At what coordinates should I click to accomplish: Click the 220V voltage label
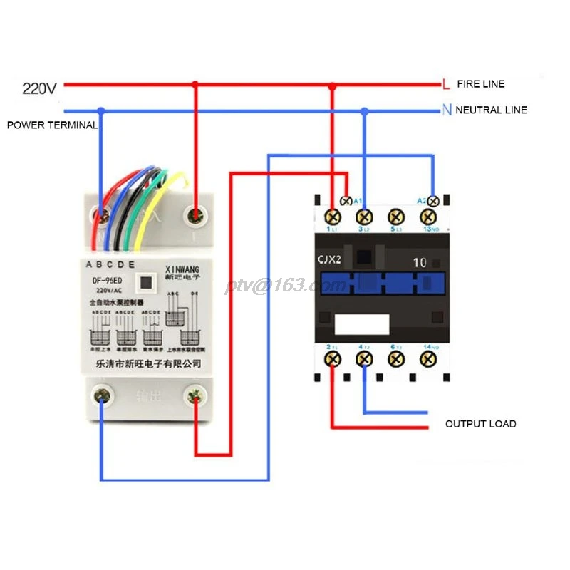(39, 89)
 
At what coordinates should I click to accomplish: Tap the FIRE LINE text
(480, 84)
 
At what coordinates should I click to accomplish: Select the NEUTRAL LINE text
(491, 110)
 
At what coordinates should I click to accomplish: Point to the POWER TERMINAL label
(52, 125)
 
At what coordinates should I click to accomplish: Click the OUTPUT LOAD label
(480, 424)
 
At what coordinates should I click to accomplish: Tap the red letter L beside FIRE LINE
(446, 84)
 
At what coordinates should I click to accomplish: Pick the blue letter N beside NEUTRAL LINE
(446, 110)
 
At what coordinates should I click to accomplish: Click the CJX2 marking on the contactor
(329, 261)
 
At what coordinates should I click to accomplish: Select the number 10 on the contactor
(420, 262)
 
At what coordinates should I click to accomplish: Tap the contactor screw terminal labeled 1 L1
(332, 217)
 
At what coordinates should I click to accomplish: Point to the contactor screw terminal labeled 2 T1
(332, 358)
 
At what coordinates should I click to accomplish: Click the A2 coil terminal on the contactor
(431, 201)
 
